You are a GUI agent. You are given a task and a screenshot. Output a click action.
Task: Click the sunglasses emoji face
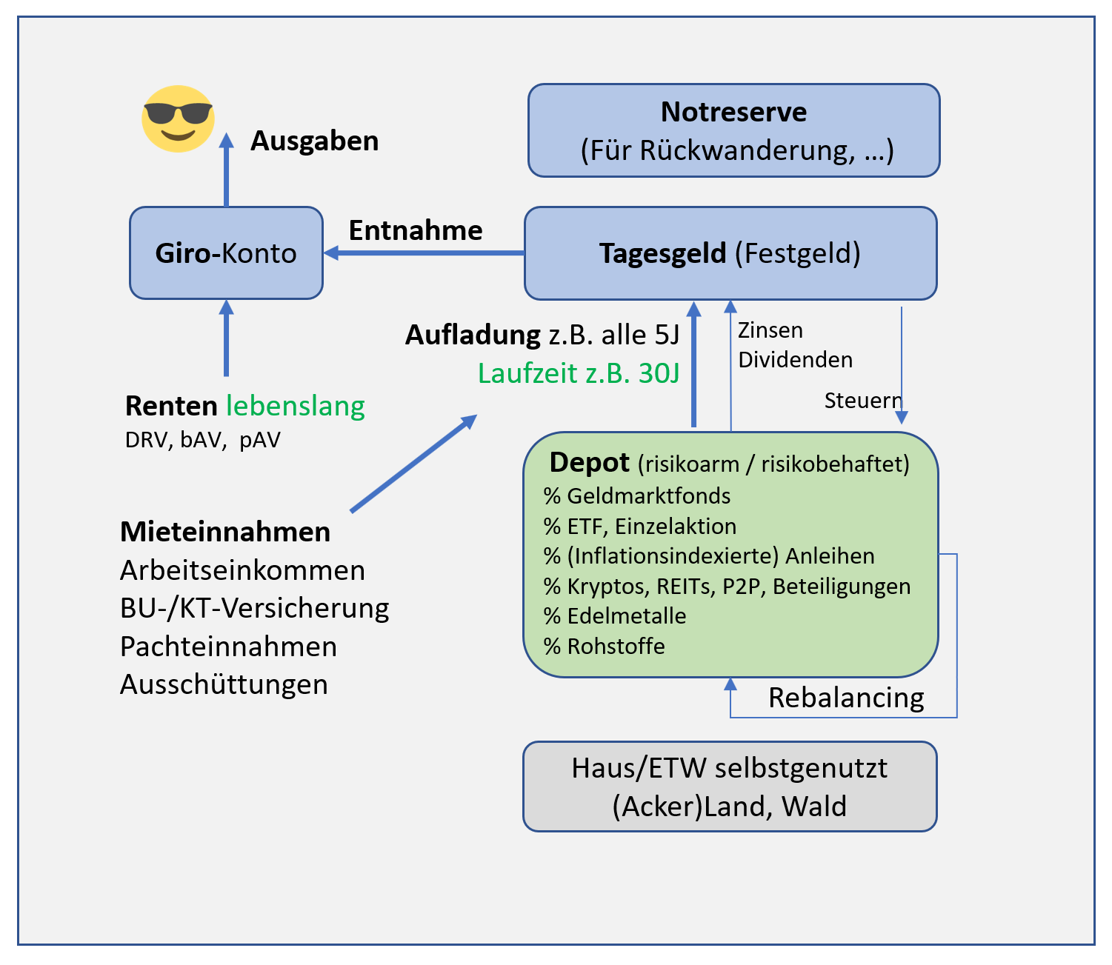click(178, 118)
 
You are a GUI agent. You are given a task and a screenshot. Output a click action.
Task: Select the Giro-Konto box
click(226, 253)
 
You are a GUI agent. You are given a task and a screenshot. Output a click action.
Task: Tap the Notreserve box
click(733, 130)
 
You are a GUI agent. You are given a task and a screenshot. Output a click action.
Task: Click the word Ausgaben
click(315, 141)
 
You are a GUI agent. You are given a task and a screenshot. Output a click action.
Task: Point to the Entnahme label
click(416, 230)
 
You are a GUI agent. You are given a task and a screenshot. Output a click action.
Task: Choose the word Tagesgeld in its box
click(662, 253)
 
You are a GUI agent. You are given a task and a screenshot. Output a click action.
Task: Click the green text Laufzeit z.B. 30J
click(579, 373)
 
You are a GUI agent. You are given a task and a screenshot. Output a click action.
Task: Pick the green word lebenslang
click(296, 406)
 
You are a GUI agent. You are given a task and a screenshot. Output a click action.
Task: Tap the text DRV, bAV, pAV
click(203, 440)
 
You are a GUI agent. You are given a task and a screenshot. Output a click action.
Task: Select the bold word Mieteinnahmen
click(225, 532)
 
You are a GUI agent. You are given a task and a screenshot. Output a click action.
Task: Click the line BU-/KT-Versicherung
click(254, 608)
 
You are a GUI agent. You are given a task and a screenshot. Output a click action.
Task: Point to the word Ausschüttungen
click(224, 684)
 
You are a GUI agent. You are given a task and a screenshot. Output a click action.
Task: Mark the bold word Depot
click(589, 462)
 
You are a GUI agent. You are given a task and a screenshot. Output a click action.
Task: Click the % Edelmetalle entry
click(615, 615)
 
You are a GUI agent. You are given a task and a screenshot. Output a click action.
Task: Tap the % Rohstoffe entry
click(605, 646)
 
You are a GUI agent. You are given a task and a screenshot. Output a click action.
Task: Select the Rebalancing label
click(846, 698)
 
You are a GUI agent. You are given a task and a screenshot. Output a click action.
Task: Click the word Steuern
click(863, 401)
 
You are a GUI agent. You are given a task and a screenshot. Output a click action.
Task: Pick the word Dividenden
click(796, 360)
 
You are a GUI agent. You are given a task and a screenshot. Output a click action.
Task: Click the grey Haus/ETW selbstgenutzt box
click(730, 787)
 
